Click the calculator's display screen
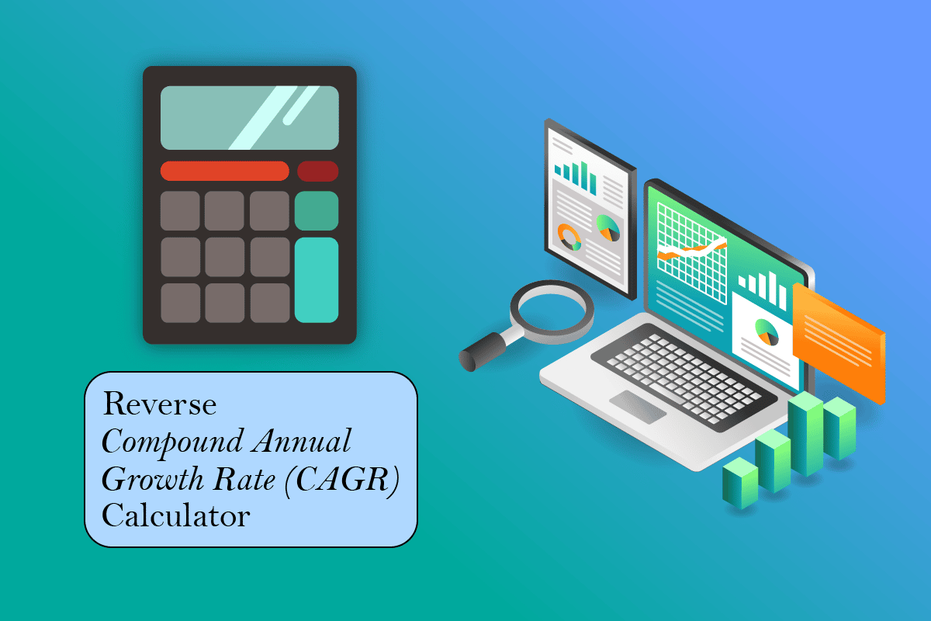pyautogui.click(x=249, y=117)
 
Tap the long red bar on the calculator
pyautogui.click(x=224, y=171)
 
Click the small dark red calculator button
pyautogui.click(x=317, y=171)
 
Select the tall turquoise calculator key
pyautogui.click(x=317, y=279)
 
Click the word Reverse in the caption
pyautogui.click(x=160, y=404)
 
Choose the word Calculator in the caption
pyautogui.click(x=176, y=515)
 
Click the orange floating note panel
pyautogui.click(x=839, y=342)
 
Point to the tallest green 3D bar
pyautogui.click(x=807, y=435)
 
